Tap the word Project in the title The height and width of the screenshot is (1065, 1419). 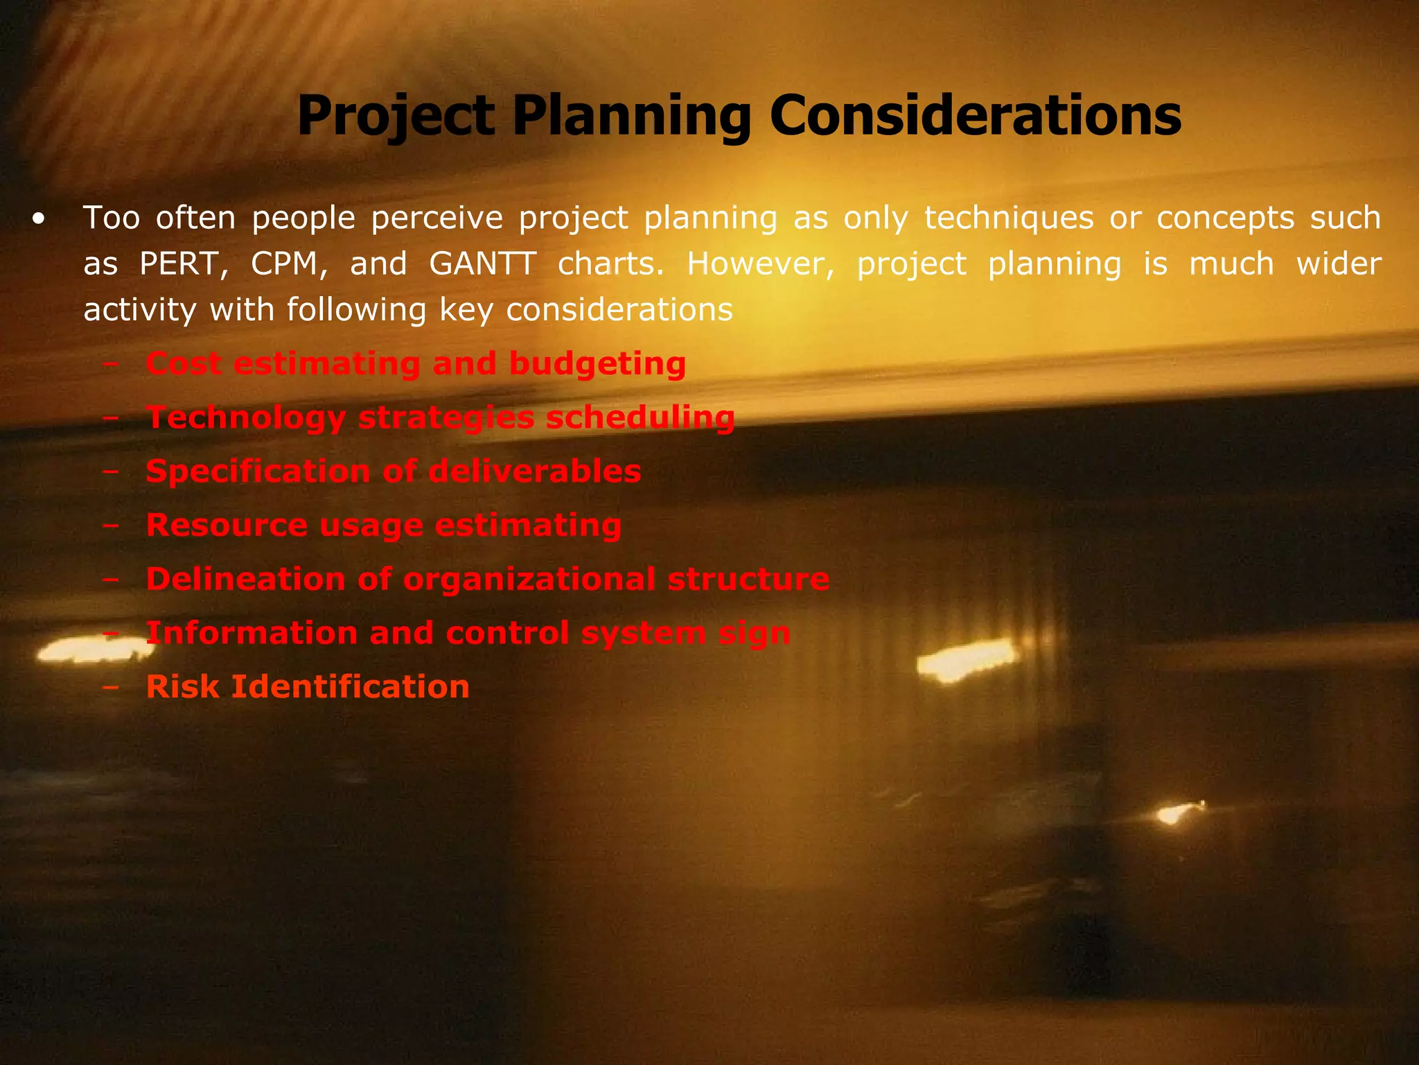(396, 116)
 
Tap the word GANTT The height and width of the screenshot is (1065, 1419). (483, 264)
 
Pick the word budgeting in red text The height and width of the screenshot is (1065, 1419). (597, 364)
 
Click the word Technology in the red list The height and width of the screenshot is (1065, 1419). (246, 418)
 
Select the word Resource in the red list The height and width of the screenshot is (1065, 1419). (227, 525)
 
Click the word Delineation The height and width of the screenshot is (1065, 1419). (245, 579)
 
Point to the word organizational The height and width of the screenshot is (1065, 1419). (529, 579)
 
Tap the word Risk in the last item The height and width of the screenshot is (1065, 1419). (183, 686)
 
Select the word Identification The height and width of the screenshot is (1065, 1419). (350, 686)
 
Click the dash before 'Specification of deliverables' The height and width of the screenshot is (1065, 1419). (110, 471)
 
